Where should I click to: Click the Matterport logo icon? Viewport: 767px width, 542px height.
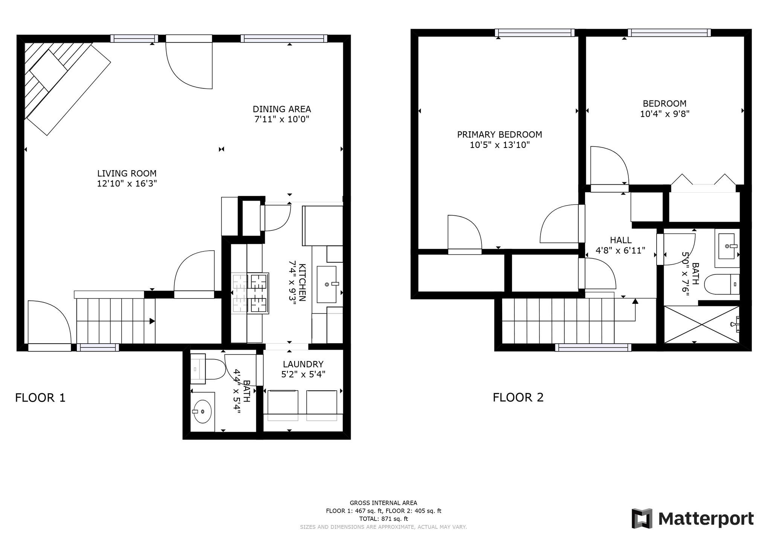tap(642, 518)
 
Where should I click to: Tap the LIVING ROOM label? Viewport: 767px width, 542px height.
tap(127, 174)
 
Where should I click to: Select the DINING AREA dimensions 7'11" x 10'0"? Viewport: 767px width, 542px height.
tap(281, 120)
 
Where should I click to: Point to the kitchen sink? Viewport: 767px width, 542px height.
tap(326, 284)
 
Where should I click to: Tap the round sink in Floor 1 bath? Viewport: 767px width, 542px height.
tap(202, 411)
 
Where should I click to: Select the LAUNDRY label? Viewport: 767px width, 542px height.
tap(303, 364)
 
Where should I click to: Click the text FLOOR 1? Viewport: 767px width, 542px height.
tap(40, 397)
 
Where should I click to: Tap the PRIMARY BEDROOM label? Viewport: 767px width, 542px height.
tap(499, 134)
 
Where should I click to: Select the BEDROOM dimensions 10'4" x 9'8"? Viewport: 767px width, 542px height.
tap(665, 114)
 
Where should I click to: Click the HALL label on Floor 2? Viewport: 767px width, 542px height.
tap(620, 240)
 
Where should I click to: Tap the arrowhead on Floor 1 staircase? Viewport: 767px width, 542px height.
tap(152, 321)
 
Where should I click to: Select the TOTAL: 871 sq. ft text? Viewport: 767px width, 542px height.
tap(383, 519)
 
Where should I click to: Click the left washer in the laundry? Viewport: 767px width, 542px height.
tap(283, 405)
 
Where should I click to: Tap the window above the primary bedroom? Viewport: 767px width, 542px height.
tap(535, 33)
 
